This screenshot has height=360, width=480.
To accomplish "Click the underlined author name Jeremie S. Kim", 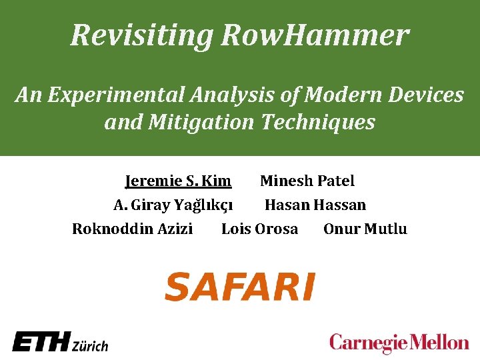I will [178, 181].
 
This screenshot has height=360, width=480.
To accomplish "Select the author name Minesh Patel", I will [307, 181].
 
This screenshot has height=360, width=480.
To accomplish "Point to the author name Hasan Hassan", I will [315, 205].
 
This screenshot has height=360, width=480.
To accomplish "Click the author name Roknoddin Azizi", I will [132, 229].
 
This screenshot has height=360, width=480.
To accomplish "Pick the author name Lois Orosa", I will [259, 229].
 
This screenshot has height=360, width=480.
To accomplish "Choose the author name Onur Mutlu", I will [365, 229].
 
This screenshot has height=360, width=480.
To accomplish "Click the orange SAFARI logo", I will [239, 287].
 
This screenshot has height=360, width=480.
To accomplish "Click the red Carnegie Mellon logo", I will [399, 343].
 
